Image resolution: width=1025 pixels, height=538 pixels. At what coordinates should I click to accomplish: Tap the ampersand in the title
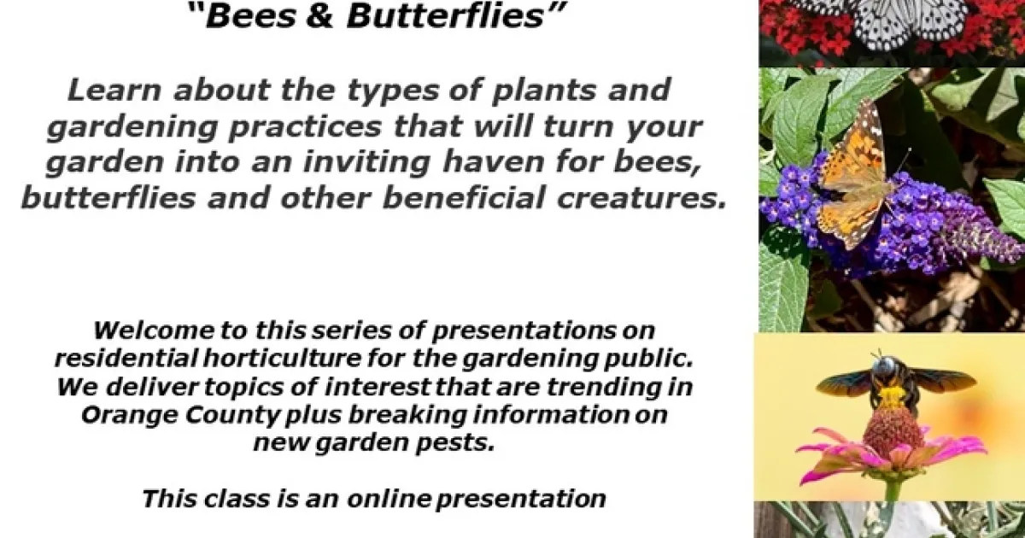coord(321,15)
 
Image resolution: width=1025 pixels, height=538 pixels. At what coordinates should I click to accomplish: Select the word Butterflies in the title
coord(445,15)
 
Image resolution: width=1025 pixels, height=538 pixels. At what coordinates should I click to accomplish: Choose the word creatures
coord(641,197)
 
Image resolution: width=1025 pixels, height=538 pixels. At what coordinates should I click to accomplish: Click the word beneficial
coord(463,197)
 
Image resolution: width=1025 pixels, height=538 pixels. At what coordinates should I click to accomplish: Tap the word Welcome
coord(154,330)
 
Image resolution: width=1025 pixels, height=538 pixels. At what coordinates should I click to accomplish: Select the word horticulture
coord(282,358)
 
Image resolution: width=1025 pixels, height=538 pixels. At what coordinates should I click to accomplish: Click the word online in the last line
coord(389,499)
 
